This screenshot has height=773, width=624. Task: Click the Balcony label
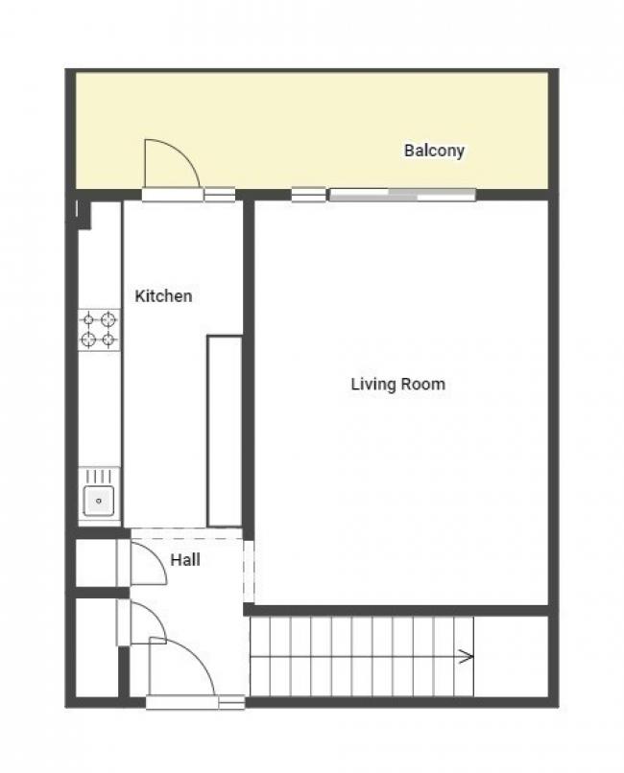coord(434,151)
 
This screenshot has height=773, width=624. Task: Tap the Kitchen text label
coord(162,296)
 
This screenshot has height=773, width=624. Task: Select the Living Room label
coord(397,385)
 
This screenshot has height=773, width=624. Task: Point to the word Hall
coord(185,559)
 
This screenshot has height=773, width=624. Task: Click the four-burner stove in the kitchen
coord(99,329)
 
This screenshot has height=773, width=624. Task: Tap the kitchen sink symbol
coord(99,497)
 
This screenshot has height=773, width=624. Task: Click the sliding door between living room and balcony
coord(402,195)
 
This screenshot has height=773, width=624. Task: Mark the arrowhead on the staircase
coord(467,657)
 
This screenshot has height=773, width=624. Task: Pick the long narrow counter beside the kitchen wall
coord(225,431)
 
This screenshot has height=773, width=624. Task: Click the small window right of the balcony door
coord(219,195)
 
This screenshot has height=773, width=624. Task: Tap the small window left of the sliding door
coord(308,195)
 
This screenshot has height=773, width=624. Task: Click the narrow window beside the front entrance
coord(231,703)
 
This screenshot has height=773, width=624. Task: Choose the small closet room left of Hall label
coord(96,563)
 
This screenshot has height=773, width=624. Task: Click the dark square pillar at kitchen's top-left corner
coord(83,213)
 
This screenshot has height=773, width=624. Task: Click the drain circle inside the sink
coord(98,499)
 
